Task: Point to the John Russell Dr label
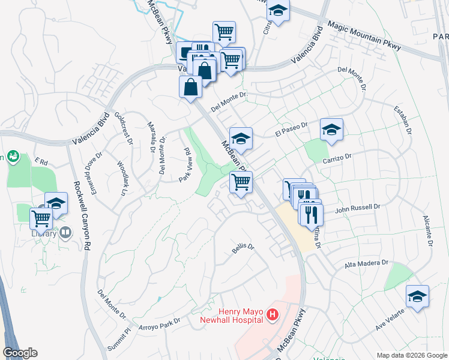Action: point(358,207)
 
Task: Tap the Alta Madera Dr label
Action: point(367,263)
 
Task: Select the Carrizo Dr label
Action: point(336,155)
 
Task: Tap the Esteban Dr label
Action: point(403,122)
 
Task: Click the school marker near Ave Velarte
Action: point(417,296)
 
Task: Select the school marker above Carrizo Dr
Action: point(331,130)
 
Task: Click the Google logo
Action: point(20,353)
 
